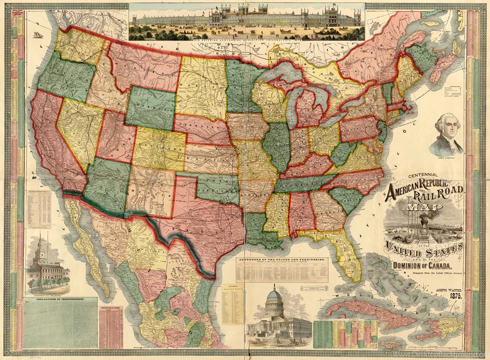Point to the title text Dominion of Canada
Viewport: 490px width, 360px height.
[421, 266]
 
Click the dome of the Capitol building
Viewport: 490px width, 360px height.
[274, 296]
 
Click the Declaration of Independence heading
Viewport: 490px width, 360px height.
[60, 299]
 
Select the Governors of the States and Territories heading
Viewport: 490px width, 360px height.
[282, 260]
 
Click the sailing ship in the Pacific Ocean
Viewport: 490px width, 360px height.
[38, 34]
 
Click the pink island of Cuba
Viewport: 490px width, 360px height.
[364, 313]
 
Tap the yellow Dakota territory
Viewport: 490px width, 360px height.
[201, 88]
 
